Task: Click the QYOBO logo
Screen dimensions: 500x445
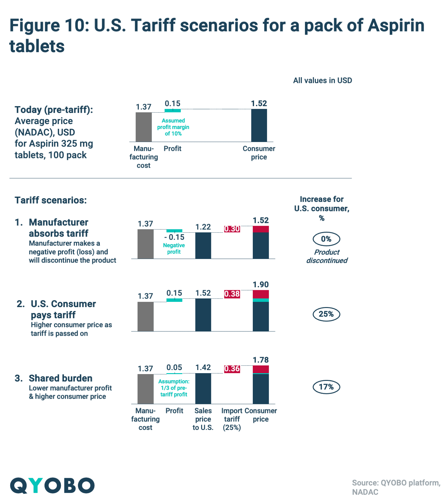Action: [x=52, y=485]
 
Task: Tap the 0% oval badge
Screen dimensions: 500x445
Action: [x=326, y=239]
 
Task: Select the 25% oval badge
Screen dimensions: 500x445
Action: [x=326, y=314]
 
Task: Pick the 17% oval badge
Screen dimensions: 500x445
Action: [x=326, y=387]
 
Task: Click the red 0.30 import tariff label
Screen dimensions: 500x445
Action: [x=232, y=229]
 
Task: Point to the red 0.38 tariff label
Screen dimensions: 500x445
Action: [x=232, y=294]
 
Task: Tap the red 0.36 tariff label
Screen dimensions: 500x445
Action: [x=232, y=369]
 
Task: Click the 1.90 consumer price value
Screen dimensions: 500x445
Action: [x=261, y=285]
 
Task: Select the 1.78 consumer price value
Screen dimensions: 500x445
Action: [x=261, y=360]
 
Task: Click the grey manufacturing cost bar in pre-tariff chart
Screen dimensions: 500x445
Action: [x=144, y=127]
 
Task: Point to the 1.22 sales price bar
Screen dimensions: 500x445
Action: [x=203, y=245]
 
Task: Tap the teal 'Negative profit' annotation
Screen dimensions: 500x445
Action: [x=174, y=248]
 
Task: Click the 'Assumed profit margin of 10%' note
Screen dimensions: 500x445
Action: [x=173, y=127]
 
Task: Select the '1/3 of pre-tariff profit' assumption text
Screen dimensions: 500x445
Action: [x=174, y=388]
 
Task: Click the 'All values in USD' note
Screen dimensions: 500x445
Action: [x=322, y=81]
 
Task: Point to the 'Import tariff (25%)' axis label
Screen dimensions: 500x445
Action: [x=232, y=419]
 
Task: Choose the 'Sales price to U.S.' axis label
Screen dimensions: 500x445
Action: [x=203, y=419]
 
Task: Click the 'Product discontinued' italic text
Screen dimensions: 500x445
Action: [x=327, y=256]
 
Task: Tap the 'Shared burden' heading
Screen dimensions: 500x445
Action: [x=61, y=378]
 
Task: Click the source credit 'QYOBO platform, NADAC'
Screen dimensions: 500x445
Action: [x=396, y=487]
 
